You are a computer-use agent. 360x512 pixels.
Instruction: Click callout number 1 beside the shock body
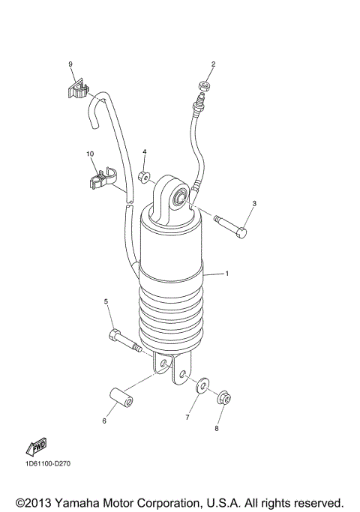coord(227,274)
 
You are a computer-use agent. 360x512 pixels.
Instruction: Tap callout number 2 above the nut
coord(213,64)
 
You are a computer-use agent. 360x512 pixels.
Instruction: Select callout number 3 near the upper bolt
coord(254,203)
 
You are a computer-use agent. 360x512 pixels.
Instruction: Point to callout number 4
coord(144,151)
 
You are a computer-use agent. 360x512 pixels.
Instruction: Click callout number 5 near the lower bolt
coord(106,301)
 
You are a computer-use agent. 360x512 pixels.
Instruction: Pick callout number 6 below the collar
coord(104,421)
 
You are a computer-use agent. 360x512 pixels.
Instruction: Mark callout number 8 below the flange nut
coord(217,429)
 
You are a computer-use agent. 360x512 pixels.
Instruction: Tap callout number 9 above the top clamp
coord(70,64)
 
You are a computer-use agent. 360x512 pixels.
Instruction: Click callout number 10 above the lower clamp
coord(90,154)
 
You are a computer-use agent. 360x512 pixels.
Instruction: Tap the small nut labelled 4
coord(143,176)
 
